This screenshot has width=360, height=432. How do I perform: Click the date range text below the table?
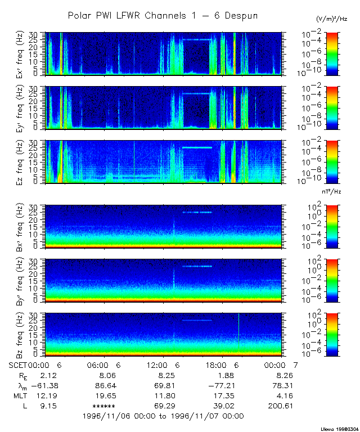coord(163,416)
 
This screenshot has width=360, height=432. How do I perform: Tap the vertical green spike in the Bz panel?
coord(238,332)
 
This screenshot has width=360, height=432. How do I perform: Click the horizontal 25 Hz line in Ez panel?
coord(197,147)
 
